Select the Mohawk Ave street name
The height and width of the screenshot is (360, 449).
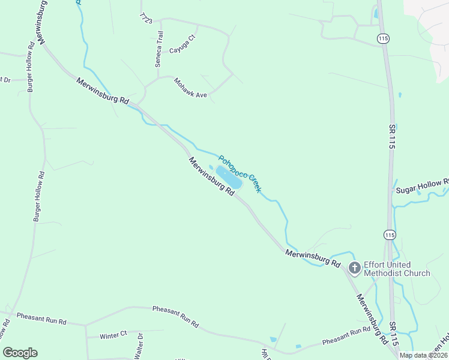point(190,88)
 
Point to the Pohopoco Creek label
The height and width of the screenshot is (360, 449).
point(240,174)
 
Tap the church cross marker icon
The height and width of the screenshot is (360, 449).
point(355,268)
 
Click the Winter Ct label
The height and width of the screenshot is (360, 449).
point(113,335)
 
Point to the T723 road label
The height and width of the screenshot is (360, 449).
point(146,18)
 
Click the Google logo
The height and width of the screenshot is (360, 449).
point(20,353)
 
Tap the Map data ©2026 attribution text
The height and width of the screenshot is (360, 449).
point(423,355)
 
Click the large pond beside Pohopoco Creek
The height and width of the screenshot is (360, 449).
point(229,178)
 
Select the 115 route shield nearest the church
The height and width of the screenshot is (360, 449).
point(390,235)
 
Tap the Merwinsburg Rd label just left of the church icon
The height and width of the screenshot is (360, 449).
point(313,258)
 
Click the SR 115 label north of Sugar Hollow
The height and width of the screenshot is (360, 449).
point(391,136)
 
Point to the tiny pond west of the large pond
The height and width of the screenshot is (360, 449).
point(211,167)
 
